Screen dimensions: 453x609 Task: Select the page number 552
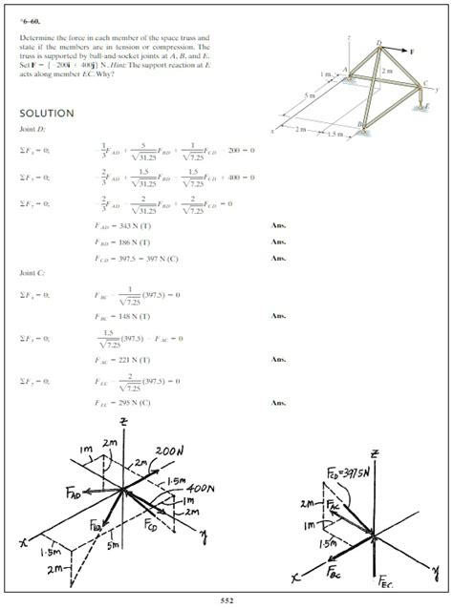[226, 599]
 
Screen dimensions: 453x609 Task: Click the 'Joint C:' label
[33, 272]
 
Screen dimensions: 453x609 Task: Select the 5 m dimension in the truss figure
[306, 94]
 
